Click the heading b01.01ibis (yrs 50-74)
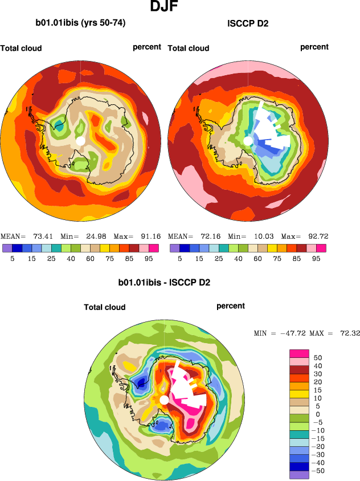[x=80, y=23]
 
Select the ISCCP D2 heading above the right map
[x=248, y=23]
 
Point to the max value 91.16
[x=148, y=236]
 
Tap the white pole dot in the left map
[x=80, y=140]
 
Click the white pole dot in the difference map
[x=164, y=400]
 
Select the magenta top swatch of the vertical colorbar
[x=298, y=352]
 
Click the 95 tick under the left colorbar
[x=149, y=258]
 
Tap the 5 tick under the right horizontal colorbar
[x=180, y=258]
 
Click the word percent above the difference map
[x=231, y=306]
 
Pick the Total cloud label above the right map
[x=189, y=48]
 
